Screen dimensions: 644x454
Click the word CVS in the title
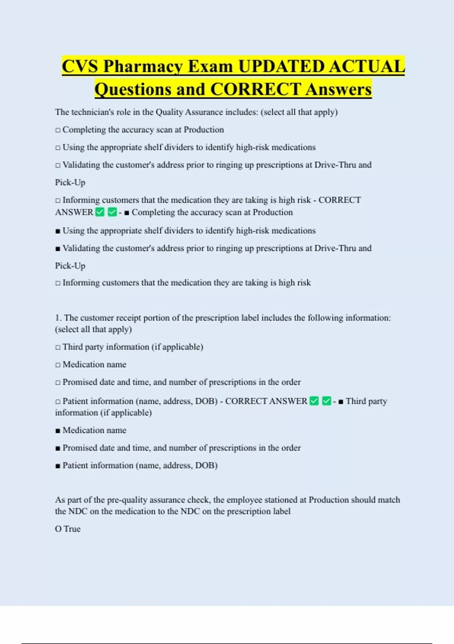pos(80,67)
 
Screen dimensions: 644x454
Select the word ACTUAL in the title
pos(367,67)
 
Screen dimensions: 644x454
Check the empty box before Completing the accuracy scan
pos(58,130)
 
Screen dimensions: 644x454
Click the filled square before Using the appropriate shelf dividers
pos(58,231)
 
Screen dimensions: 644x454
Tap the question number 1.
pos(58,318)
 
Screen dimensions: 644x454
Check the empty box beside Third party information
pos(58,347)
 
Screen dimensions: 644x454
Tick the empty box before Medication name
pos(58,365)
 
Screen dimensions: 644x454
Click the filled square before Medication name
pos(58,431)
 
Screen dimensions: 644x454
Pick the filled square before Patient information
pos(58,466)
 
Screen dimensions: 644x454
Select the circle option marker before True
pos(58,529)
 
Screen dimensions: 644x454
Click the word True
pos(72,529)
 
